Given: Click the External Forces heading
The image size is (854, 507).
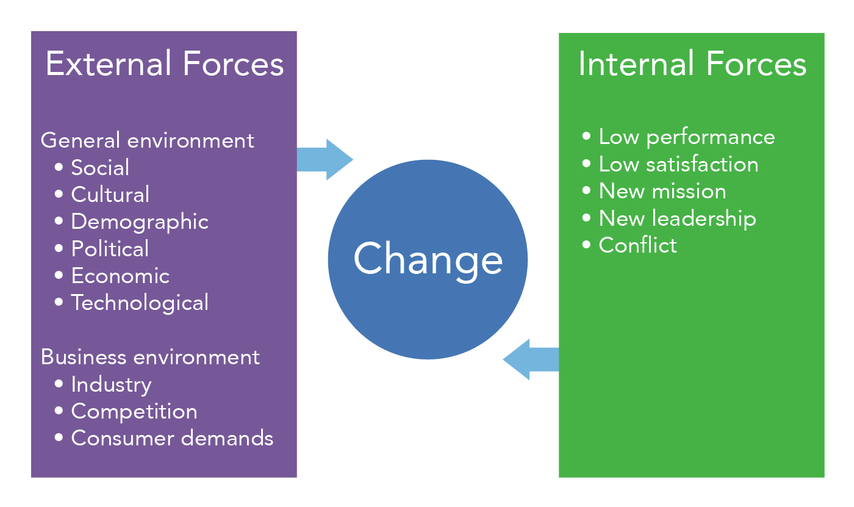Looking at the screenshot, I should [x=164, y=65].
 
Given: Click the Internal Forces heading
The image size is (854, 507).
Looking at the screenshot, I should [x=692, y=65].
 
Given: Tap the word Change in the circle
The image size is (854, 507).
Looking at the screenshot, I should [x=428, y=259].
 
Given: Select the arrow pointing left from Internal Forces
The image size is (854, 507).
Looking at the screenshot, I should [x=531, y=360].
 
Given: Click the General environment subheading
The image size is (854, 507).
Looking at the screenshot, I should [x=147, y=140].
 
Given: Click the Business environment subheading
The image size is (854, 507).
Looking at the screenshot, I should [x=150, y=357].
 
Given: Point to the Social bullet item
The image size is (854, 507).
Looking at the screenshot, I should [x=100, y=168].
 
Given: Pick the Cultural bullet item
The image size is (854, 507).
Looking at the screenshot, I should [x=110, y=195].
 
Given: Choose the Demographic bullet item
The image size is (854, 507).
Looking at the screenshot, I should [x=140, y=222].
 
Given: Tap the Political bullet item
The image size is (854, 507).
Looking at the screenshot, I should [x=110, y=249].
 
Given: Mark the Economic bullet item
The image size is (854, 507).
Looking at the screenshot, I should [x=120, y=276].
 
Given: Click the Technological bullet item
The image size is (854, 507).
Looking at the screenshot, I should [x=140, y=303].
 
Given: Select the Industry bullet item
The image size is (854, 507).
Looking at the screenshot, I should [x=111, y=384].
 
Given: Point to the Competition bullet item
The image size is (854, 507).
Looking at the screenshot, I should [x=134, y=411].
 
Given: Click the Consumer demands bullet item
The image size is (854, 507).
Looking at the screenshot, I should [x=172, y=438].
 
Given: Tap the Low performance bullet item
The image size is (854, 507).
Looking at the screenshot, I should [x=686, y=137].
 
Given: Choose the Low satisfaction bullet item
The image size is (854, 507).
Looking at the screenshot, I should [x=678, y=164].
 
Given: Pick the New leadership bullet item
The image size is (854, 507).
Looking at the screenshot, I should [x=677, y=218].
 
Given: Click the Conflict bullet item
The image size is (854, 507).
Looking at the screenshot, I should [x=637, y=245].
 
